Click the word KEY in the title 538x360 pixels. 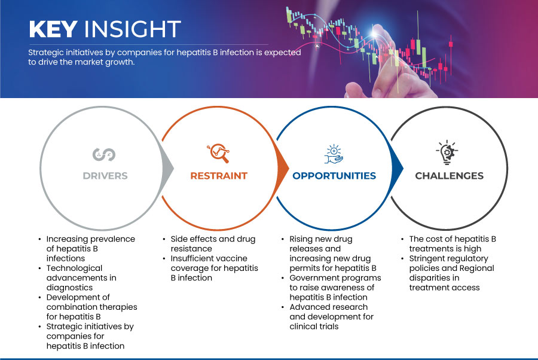coord(53,29)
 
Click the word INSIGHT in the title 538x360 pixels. coord(133,29)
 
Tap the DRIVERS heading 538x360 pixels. coord(105,176)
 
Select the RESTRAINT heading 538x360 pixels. coord(219,176)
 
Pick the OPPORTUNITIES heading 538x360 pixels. coord(334,176)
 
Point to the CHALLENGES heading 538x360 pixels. coord(449,176)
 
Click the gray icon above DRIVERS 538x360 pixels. coord(104,154)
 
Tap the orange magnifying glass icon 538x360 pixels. coord(218,153)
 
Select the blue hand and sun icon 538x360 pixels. coord(334,154)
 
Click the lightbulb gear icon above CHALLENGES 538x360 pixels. coord(447,152)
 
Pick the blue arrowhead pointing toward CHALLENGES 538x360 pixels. coord(398,168)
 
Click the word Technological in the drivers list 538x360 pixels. coord(75,268)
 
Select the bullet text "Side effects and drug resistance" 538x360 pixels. coord(213,243)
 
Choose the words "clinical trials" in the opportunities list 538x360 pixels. coord(314,327)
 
